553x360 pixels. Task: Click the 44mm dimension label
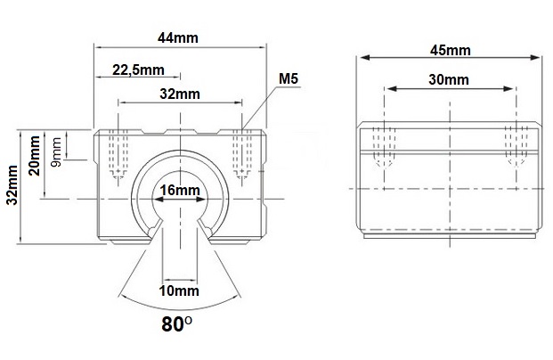point(178,37)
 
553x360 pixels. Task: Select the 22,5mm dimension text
point(138,70)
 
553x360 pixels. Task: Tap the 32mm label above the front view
point(180,94)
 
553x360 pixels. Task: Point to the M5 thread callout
point(289,78)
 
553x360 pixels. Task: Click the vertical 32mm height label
point(12,184)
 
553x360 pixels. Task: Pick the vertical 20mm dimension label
point(35,156)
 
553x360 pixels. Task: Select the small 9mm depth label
point(56,151)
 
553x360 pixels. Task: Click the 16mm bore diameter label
point(180,190)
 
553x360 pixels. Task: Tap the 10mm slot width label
point(179,290)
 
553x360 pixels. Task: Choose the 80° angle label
point(177,324)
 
